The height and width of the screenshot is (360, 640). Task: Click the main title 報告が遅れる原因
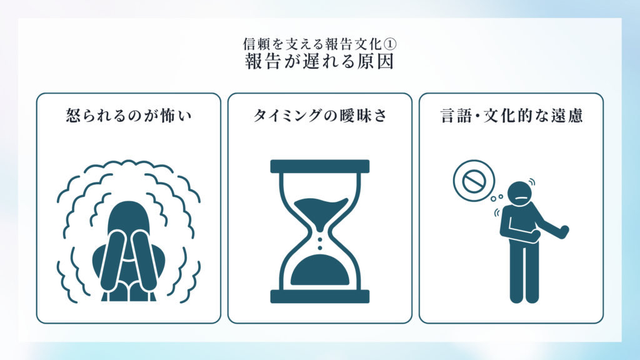click(319, 62)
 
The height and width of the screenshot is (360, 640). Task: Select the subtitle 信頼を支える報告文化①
click(319, 44)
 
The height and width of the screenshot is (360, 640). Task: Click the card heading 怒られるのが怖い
click(129, 116)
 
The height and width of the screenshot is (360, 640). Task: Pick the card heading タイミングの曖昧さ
click(320, 116)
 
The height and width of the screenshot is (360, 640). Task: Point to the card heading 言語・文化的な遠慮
click(511, 116)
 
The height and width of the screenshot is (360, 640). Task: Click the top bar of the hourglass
click(320, 166)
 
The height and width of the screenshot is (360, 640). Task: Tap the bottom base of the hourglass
click(320, 296)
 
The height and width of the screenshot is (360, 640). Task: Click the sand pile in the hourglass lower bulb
click(320, 270)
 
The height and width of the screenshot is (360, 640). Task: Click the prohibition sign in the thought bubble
click(474, 181)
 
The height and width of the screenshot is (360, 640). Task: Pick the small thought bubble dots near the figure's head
click(497, 198)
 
